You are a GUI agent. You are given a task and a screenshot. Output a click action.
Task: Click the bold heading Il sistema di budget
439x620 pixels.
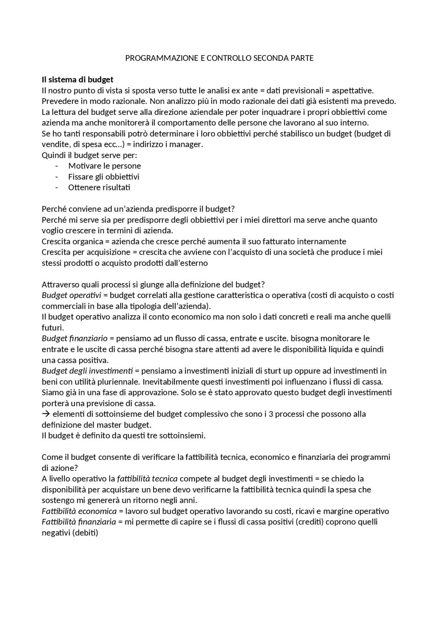pyautogui.click(x=78, y=80)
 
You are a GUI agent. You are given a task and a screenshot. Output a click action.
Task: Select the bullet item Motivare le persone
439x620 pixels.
pyautogui.click(x=105, y=166)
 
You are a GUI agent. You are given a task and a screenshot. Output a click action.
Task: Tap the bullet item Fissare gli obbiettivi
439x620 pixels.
pyautogui.click(x=104, y=177)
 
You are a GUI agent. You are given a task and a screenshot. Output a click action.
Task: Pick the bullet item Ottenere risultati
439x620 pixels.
pyautogui.click(x=99, y=188)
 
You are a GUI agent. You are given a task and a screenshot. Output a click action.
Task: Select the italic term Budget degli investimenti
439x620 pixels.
pyautogui.click(x=87, y=371)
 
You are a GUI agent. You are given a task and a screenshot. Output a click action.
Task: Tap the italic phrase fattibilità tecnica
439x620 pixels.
pyautogui.click(x=147, y=479)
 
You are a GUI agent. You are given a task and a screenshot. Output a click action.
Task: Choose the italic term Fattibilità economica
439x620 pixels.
pyautogui.click(x=79, y=511)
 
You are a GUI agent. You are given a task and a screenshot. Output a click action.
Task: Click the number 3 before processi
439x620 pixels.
pyautogui.click(x=271, y=414)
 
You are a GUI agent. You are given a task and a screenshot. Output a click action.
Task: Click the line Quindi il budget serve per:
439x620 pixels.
pyautogui.click(x=89, y=155)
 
